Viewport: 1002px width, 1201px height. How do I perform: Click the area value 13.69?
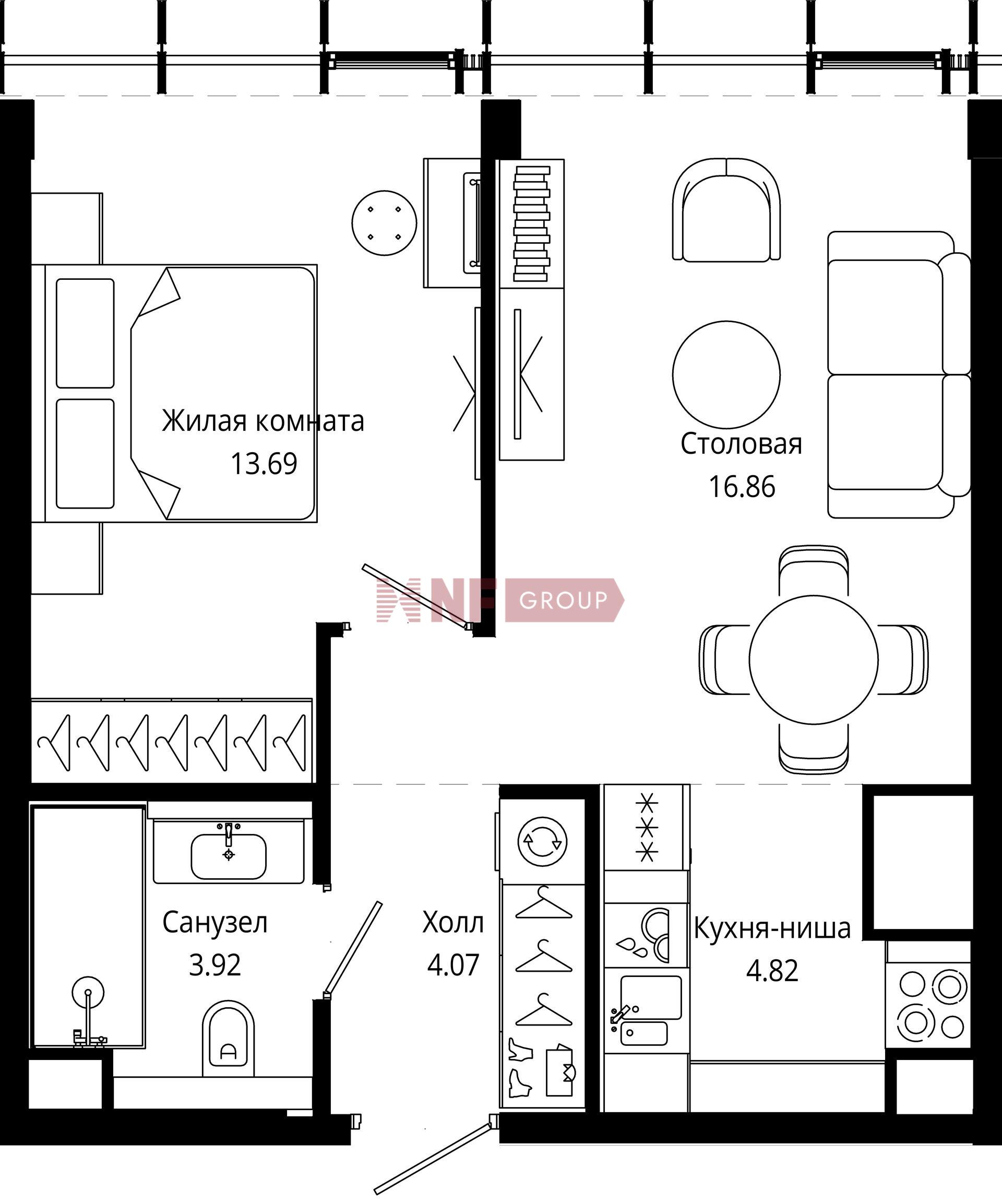click(x=264, y=464)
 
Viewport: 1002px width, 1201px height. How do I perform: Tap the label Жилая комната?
click(x=263, y=421)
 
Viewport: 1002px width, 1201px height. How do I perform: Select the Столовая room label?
click(x=742, y=444)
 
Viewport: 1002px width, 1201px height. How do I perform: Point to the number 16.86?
click(x=742, y=487)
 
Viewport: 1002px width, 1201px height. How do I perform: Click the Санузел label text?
click(x=215, y=923)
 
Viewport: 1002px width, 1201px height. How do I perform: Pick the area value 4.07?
click(x=452, y=965)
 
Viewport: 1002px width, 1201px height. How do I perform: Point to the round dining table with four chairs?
click(x=814, y=660)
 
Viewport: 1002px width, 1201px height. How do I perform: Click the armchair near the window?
click(x=726, y=210)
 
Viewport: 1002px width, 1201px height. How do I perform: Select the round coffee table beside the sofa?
click(x=726, y=374)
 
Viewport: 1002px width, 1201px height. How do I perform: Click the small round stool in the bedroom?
click(x=384, y=223)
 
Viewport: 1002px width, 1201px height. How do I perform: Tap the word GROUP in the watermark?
click(x=563, y=600)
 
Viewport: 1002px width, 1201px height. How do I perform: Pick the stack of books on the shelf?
click(x=532, y=223)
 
